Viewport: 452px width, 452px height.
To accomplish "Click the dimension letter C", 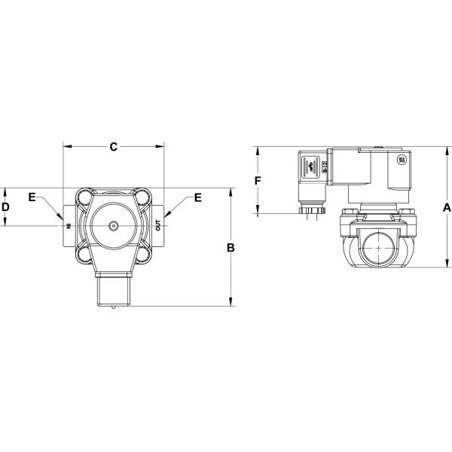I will [x=114, y=147].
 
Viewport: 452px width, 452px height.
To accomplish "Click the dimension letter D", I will [x=5, y=206].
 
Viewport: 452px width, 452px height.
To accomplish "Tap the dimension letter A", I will [x=447, y=206].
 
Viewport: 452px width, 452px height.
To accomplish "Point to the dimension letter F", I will [x=258, y=181].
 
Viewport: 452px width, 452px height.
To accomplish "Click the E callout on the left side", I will [x=32, y=197].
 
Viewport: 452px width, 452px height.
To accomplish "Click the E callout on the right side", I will [x=197, y=197].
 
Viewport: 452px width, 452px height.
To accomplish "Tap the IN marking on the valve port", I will [x=67, y=225].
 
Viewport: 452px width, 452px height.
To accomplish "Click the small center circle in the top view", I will [x=113, y=225].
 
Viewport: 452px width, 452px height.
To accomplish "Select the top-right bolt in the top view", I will [x=142, y=197].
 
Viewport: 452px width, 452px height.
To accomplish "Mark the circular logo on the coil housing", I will [x=399, y=160].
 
